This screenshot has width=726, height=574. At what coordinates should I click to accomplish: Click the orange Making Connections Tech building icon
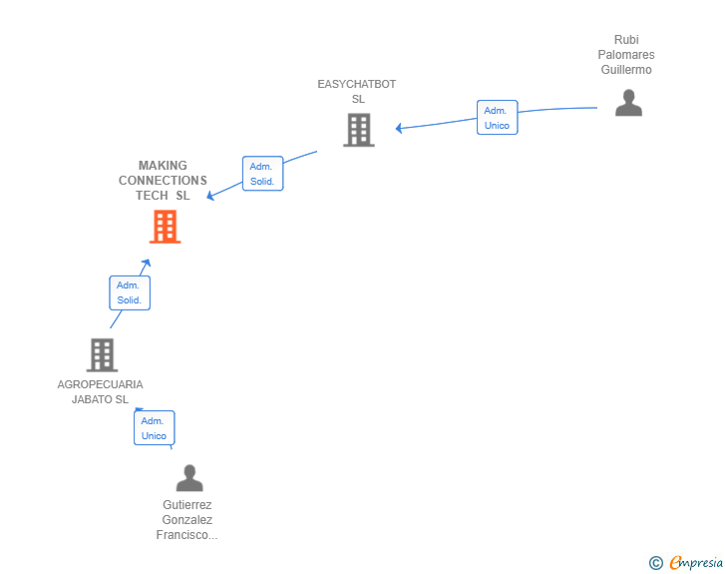pyautogui.click(x=165, y=228)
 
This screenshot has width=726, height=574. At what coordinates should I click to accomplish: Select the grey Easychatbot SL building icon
pyautogui.click(x=358, y=130)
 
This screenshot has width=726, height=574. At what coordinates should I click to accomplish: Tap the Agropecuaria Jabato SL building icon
pyautogui.click(x=102, y=354)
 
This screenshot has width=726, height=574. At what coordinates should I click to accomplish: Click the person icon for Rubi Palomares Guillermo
pyautogui.click(x=628, y=103)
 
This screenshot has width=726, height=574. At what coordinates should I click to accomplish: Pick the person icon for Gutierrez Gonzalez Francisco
pyautogui.click(x=188, y=478)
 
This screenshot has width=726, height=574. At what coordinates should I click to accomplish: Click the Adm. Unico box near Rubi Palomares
pyautogui.click(x=497, y=118)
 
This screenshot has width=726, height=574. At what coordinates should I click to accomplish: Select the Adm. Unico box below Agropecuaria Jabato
pyautogui.click(x=154, y=428)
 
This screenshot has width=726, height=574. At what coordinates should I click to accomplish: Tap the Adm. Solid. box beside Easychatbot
pyautogui.click(x=262, y=174)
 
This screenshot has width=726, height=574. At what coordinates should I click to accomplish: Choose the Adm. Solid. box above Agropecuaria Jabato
pyautogui.click(x=129, y=292)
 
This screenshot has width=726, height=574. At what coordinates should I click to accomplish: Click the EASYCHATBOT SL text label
pyautogui.click(x=357, y=92)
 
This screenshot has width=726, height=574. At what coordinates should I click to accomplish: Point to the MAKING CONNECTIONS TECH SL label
pyautogui.click(x=163, y=181)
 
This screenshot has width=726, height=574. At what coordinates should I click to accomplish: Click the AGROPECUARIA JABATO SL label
pyautogui.click(x=100, y=392)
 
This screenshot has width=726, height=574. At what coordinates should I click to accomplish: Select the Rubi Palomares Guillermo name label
pyautogui.click(x=626, y=55)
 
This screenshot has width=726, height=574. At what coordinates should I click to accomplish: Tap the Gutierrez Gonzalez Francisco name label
pyautogui.click(x=187, y=520)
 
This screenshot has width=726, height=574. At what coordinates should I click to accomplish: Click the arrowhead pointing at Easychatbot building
pyautogui.click(x=399, y=128)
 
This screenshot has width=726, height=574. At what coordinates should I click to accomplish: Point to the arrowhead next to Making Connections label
pyautogui.click(x=211, y=197)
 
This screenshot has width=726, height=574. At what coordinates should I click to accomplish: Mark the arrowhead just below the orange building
pyautogui.click(x=146, y=263)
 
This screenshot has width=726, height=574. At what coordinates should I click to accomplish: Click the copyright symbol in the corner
pyautogui.click(x=655, y=563)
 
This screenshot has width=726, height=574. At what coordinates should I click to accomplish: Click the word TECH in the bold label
pyautogui.click(x=153, y=196)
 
